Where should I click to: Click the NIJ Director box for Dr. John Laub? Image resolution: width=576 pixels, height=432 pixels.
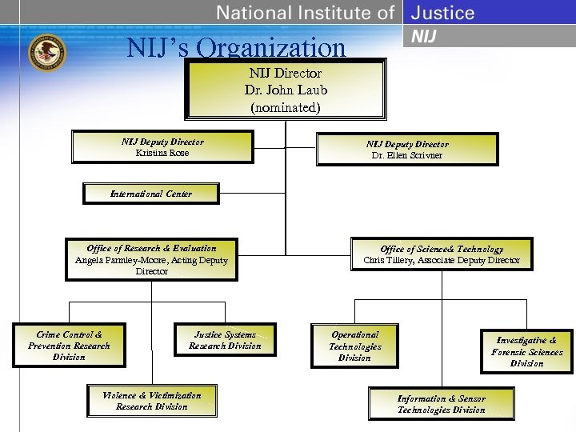[286, 89]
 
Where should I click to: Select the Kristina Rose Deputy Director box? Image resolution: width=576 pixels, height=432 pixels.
[162, 147]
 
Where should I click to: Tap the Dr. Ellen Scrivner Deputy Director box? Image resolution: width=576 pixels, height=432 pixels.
[407, 150]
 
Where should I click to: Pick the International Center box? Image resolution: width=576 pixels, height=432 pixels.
[151, 194]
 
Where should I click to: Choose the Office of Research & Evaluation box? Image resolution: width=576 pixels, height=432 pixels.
[151, 259]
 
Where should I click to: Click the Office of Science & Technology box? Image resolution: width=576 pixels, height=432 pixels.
[442, 254]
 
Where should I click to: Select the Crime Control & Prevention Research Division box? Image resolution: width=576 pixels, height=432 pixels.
[69, 346]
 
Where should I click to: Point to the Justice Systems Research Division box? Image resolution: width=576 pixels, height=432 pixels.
[225, 340]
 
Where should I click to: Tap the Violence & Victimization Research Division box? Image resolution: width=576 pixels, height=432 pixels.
[151, 401]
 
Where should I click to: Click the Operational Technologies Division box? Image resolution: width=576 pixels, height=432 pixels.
[354, 346]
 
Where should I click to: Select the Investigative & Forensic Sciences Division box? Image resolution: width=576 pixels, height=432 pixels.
[526, 352]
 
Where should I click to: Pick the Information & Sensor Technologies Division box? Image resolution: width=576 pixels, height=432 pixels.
[441, 404]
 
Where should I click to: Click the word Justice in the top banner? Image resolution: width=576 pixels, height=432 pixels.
[443, 13]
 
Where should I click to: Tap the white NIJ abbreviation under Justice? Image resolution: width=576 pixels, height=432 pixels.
[424, 37]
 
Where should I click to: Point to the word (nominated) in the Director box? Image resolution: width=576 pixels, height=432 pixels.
[286, 106]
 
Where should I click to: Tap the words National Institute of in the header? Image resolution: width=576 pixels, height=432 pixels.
[306, 13]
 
